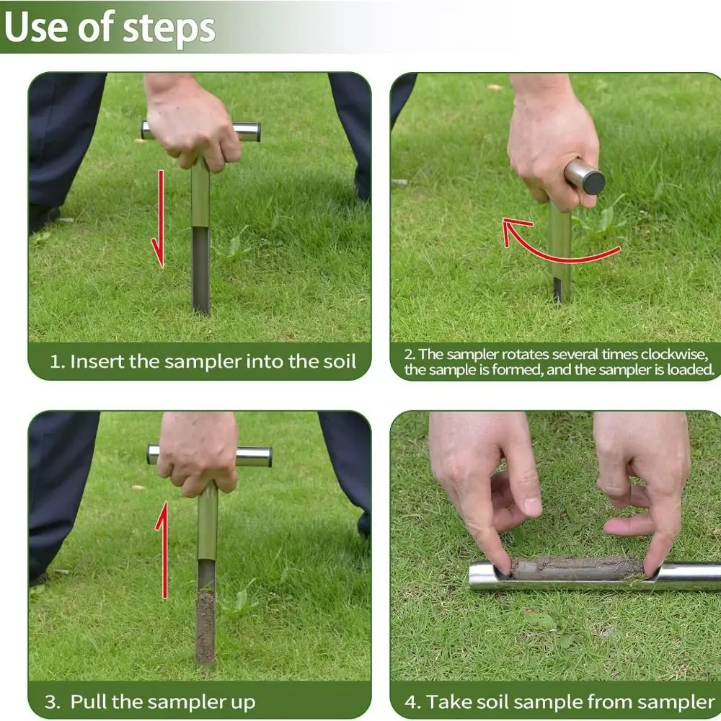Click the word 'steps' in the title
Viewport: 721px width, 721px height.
pyautogui.click(x=169, y=29)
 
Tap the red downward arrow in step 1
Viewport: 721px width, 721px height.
pyautogui.click(x=159, y=218)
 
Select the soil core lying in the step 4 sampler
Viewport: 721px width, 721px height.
pyautogui.click(x=576, y=568)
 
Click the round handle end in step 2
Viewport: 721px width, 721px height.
pyautogui.click(x=593, y=181)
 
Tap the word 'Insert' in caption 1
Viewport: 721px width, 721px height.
pyautogui.click(x=97, y=361)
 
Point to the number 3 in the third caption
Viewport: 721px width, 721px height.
pyautogui.click(x=51, y=702)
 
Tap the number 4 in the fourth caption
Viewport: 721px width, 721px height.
pyautogui.click(x=412, y=702)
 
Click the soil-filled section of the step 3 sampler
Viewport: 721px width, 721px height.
pyautogui.click(x=205, y=628)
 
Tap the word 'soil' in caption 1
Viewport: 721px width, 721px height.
pyautogui.click(x=340, y=361)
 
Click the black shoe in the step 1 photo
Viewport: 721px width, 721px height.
pyautogui.click(x=44, y=218)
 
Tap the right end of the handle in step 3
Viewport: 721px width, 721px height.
pyautogui.click(x=269, y=457)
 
